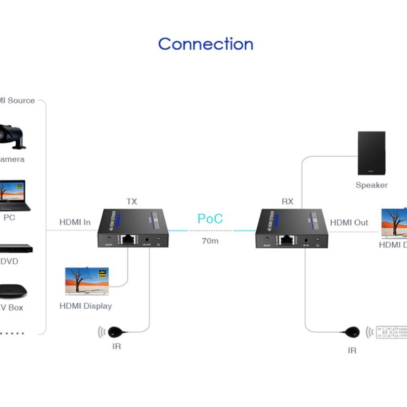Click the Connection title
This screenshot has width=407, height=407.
click(206, 44)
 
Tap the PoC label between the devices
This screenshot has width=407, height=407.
click(210, 219)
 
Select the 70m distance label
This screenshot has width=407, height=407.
click(210, 241)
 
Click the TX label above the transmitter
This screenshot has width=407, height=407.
click(132, 201)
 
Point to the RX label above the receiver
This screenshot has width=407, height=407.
click(287, 201)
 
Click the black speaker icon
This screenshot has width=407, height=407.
click(371, 153)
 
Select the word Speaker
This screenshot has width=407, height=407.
click(371, 185)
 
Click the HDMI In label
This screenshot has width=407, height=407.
click(75, 222)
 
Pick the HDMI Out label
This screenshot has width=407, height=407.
click(349, 223)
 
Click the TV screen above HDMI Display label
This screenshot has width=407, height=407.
click(87, 280)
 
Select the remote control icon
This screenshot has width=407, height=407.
click(392, 332)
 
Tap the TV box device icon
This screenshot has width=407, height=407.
click(13, 291)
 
